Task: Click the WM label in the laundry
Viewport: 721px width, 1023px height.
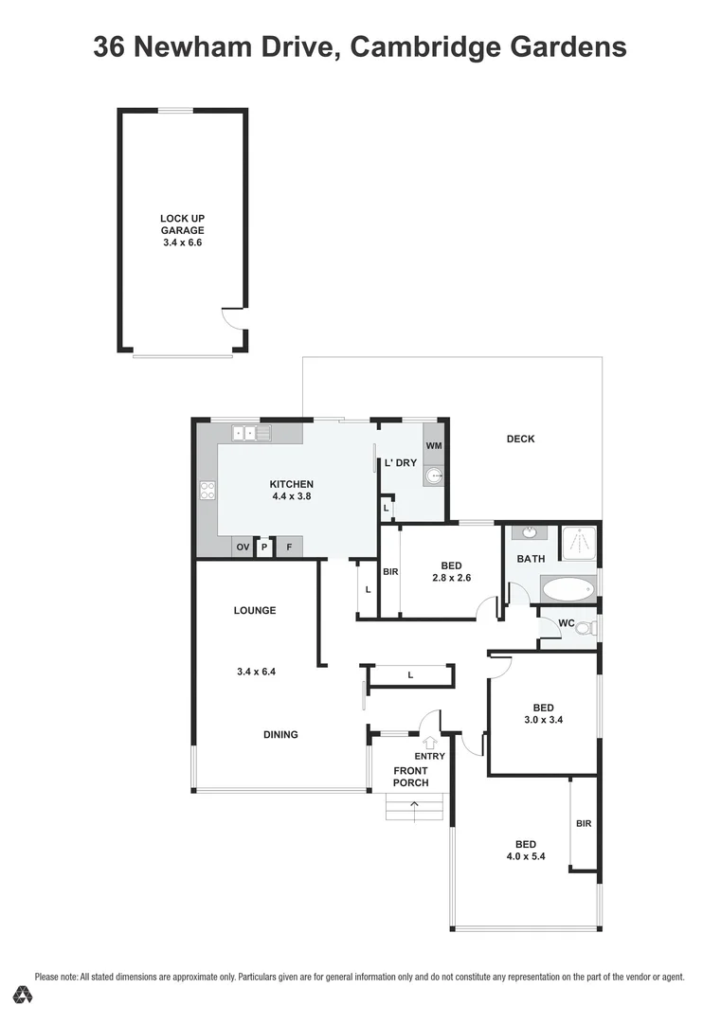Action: (x=433, y=445)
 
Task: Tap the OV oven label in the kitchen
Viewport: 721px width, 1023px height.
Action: (x=243, y=547)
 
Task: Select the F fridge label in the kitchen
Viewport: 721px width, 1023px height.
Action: (x=289, y=547)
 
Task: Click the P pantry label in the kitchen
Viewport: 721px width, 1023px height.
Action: (x=265, y=547)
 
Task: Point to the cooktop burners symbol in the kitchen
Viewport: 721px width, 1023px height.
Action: (x=207, y=491)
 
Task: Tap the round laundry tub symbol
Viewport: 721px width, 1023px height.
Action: (x=434, y=476)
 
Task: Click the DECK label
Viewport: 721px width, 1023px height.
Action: (x=520, y=439)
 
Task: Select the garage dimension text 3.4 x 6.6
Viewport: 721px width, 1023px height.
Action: (x=182, y=242)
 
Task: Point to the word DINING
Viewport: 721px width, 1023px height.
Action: (x=280, y=734)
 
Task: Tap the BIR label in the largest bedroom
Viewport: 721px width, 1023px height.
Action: (x=584, y=824)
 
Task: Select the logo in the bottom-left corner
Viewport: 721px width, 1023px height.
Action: (x=25, y=995)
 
